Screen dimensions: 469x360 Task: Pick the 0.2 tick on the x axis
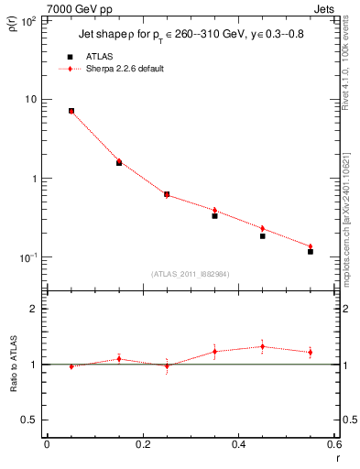coord(142,444)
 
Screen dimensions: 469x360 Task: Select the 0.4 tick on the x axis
coord(238,444)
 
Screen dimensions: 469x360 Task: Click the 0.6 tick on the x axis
coord(333,444)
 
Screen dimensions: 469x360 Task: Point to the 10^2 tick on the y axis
coord(29,19)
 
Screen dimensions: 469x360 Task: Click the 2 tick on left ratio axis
coord(35,309)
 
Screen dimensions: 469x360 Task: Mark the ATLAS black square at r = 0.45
coord(262,236)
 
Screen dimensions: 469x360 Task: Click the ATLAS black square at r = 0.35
coord(214,216)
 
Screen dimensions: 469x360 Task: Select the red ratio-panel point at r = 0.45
coord(262,346)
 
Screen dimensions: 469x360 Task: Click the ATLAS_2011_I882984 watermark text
coord(190,273)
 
